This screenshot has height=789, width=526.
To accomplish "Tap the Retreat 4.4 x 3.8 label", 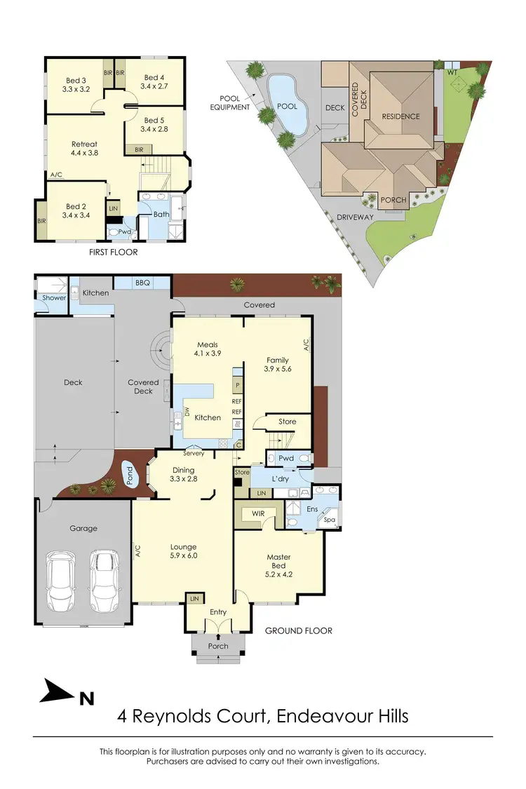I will (x=84, y=148).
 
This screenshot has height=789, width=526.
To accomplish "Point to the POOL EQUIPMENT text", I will (x=230, y=103).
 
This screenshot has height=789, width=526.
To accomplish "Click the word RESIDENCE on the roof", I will (x=401, y=116).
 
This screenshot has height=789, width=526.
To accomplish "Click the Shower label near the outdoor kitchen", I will (x=54, y=298).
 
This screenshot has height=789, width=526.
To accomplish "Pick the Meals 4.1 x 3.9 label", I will (x=208, y=349).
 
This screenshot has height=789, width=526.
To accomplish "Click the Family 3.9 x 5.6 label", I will (x=276, y=365).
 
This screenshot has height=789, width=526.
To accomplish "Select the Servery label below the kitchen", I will (x=194, y=454).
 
